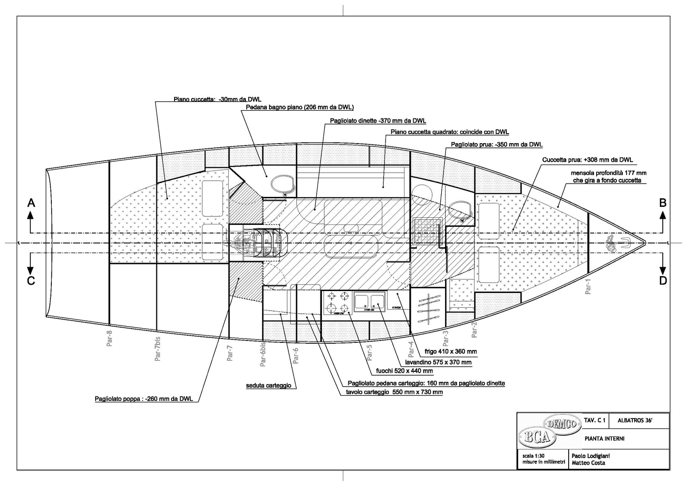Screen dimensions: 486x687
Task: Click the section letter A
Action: click(x=31, y=203)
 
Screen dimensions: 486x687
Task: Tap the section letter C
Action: click(x=31, y=281)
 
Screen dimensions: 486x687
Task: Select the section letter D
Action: click(x=663, y=281)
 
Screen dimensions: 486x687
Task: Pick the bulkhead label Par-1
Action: click(x=588, y=286)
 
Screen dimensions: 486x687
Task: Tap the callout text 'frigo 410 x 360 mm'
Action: click(x=451, y=352)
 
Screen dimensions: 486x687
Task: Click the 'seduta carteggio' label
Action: click(x=269, y=386)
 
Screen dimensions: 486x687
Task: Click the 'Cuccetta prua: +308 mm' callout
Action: click(x=588, y=160)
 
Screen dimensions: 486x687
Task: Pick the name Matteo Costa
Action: click(x=588, y=463)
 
